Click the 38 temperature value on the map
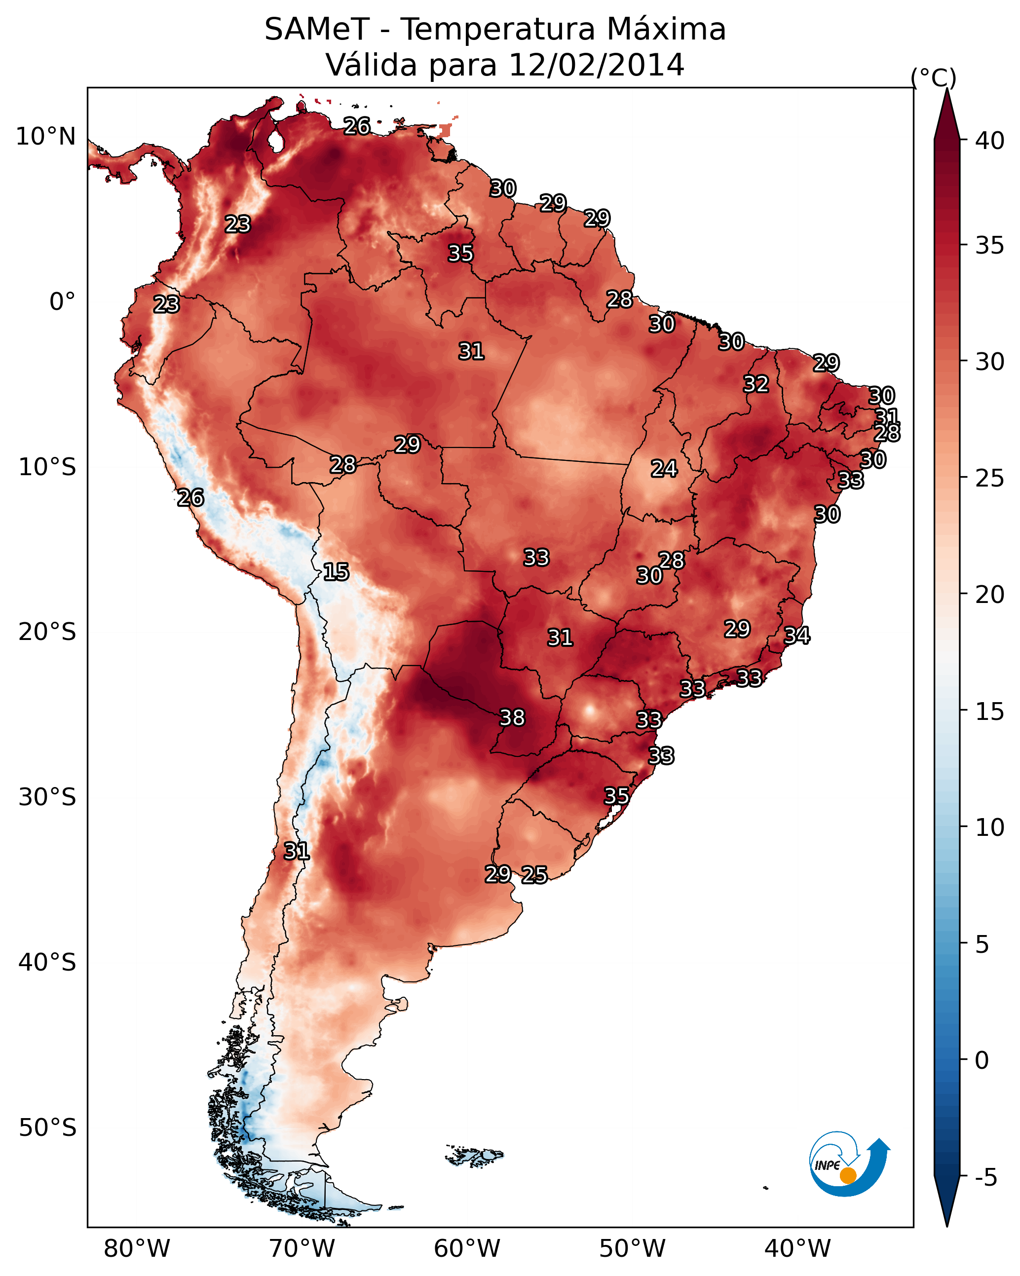coord(512,717)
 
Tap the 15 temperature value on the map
coord(336,572)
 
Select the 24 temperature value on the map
coord(664,469)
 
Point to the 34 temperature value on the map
coord(797,635)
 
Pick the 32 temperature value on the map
coord(756,384)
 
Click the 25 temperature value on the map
coord(534,875)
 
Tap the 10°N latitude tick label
coord(45,137)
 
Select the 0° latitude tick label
coord(63,302)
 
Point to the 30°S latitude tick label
coord(47,797)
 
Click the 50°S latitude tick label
coord(47,1128)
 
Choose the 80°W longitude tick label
coord(137,1249)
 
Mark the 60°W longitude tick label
coord(467,1249)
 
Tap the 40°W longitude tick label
coord(797,1249)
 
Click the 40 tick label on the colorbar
coord(990,141)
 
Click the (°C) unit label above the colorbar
coord(934,77)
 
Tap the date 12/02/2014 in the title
coord(596,65)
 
